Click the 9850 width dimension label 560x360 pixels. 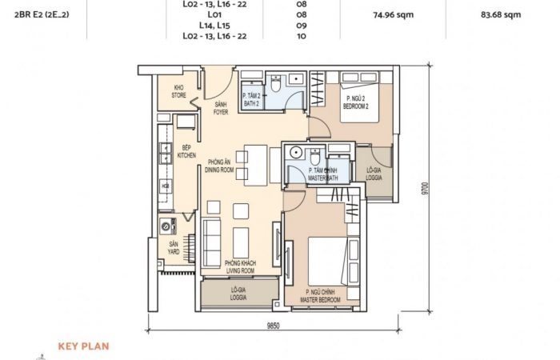(x=274, y=326)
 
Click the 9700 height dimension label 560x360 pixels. (x=424, y=188)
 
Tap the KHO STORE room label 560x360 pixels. (x=178, y=91)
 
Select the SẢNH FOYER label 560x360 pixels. (x=221, y=108)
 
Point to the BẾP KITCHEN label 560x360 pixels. (x=186, y=151)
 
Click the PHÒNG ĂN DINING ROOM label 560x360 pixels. (x=219, y=166)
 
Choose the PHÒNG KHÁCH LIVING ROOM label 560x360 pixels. (x=240, y=266)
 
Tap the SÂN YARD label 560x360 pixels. (x=174, y=248)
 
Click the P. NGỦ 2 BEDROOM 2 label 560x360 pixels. (x=356, y=102)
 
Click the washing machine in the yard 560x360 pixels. (x=167, y=226)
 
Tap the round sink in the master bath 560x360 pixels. (x=296, y=153)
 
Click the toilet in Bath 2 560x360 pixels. (x=276, y=84)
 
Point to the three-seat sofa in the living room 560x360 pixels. (x=211, y=243)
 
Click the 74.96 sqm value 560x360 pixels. (x=394, y=14)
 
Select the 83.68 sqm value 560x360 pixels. (x=501, y=14)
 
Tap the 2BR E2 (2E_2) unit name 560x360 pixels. (x=42, y=14)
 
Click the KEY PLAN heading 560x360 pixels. (x=83, y=346)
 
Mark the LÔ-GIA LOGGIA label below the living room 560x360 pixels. (x=238, y=294)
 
